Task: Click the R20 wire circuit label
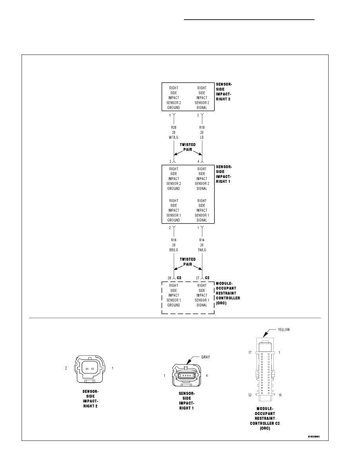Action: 174,127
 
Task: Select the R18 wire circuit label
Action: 202,127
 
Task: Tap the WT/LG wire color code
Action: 174,137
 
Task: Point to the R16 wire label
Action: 174,240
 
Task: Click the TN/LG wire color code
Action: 202,250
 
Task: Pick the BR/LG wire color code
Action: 174,250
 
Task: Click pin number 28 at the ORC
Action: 169,278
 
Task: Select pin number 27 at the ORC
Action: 198,278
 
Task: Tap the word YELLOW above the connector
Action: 284,329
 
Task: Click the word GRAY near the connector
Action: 205,357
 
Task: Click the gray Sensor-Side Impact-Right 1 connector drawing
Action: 187,375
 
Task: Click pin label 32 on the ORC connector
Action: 250,395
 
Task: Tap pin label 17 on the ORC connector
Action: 250,353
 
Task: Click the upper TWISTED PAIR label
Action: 188,147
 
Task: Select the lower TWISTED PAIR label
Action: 188,262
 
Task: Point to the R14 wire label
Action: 202,240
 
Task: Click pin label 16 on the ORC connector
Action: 280,395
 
